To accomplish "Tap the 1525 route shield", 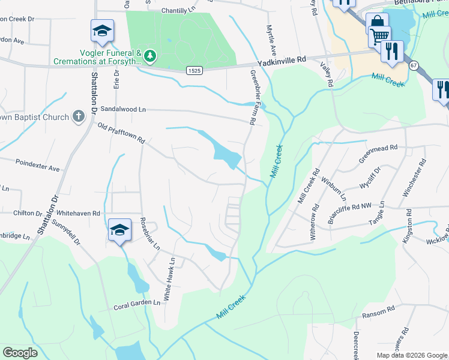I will (x=194, y=70).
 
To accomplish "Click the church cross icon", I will (x=78, y=116).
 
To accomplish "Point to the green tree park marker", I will (x=149, y=57).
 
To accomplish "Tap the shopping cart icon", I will (x=379, y=37).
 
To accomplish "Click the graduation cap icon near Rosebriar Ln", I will (x=119, y=229).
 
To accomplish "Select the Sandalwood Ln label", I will (x=123, y=109).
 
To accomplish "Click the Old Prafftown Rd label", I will (x=121, y=133).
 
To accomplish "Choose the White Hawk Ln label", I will (x=169, y=279).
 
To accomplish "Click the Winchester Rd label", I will (x=414, y=178).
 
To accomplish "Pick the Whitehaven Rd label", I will (x=79, y=213).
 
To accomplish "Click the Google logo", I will (x=20, y=353).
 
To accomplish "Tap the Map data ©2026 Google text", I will (x=411, y=355).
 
